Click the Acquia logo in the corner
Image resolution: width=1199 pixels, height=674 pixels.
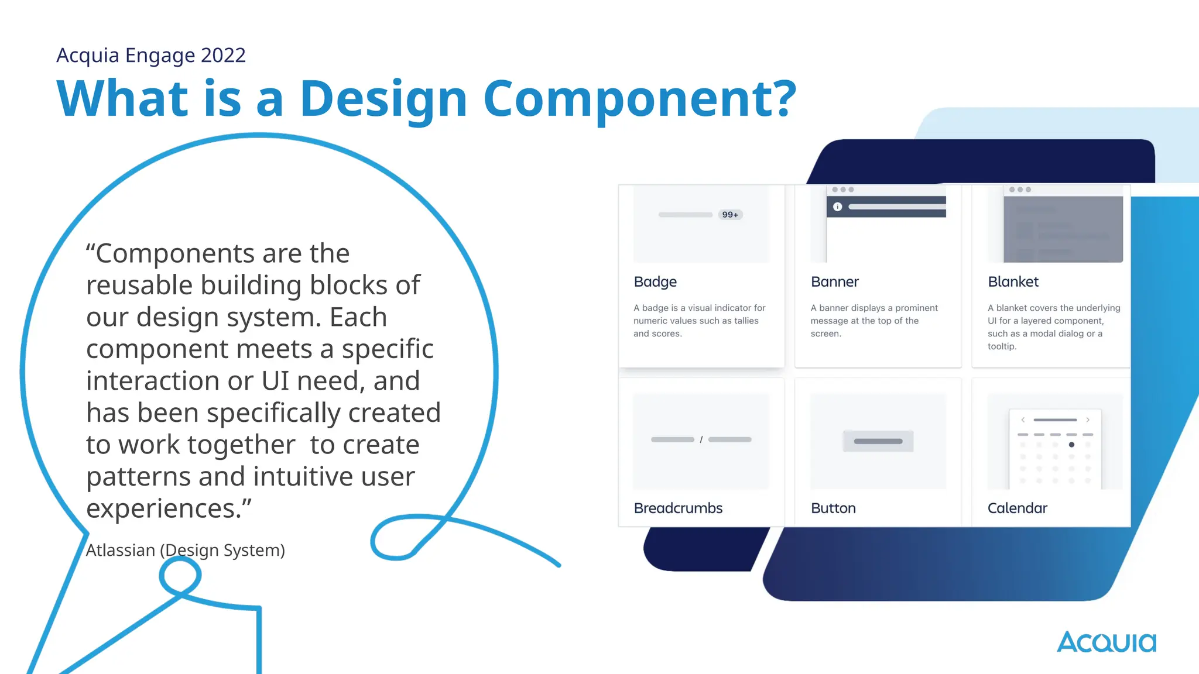coord(1106,642)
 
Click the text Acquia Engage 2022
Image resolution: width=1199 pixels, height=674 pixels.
coord(151,55)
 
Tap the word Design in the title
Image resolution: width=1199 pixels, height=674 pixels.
coord(383,99)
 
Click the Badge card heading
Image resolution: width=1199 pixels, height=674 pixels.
coord(655,282)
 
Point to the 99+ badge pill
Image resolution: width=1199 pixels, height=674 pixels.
coord(730,215)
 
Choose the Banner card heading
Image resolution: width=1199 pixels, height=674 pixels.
coord(834,282)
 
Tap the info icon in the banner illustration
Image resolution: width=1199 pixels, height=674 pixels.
coord(837,207)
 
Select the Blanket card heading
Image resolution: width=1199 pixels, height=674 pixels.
coord(1013,282)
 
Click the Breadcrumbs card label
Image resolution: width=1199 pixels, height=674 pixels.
coord(678,508)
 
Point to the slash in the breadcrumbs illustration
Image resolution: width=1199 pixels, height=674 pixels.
coord(701,439)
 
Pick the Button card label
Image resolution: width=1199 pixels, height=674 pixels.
coord(833,508)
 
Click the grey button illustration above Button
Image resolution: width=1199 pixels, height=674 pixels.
coord(878,441)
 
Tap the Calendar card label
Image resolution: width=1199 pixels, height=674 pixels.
coord(1017,508)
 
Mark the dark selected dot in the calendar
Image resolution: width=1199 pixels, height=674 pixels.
coord(1071,445)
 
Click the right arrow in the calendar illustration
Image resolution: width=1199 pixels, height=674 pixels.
coord(1088,419)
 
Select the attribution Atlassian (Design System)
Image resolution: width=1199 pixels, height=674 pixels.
coord(185,550)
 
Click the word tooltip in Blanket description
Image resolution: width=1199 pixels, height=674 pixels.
coord(1002,346)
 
